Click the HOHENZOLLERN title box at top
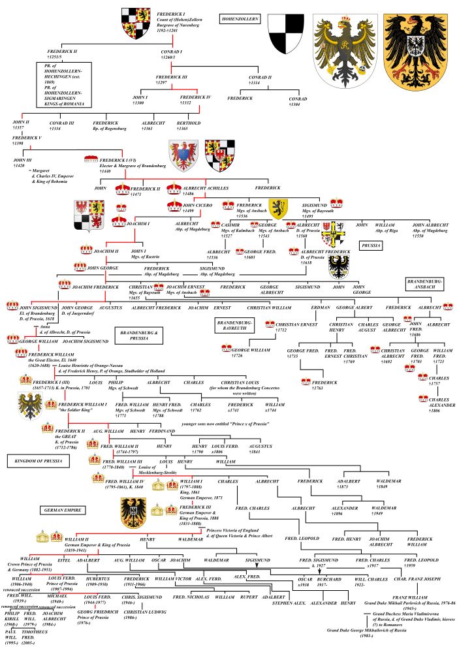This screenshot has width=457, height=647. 239,20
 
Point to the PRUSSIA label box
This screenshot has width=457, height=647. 371,245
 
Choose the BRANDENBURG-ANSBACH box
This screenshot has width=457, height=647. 425,282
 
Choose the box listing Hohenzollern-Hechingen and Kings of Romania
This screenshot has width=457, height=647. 64,84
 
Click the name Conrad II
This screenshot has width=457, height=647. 258,79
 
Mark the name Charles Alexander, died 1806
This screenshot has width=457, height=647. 443,403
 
